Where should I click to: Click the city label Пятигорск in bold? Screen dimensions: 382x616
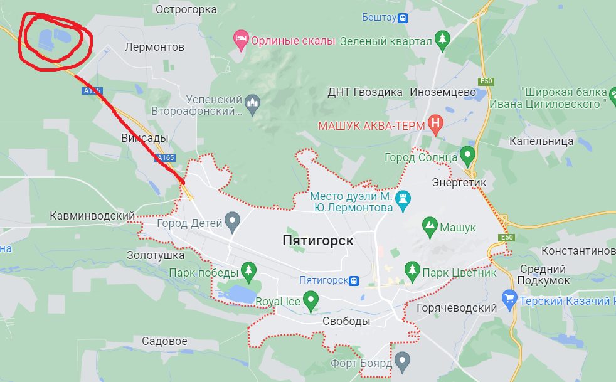point(318,241)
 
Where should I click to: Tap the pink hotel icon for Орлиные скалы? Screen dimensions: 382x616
point(240,41)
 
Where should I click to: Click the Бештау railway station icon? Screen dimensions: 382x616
point(403,18)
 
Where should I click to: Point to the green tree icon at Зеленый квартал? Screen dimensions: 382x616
point(443,40)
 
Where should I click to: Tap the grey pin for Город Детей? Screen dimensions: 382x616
point(233,221)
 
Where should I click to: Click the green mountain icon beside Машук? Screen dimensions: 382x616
point(430,226)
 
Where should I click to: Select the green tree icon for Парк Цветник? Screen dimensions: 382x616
point(412,271)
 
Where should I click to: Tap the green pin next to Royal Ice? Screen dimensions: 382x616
point(310,300)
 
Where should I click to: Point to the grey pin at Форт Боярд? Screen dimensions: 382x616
point(402,361)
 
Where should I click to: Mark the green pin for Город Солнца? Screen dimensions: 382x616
point(467,154)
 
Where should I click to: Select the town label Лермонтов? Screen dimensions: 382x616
point(154,47)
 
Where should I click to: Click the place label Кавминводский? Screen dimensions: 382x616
point(92,216)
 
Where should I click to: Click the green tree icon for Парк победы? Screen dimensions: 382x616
point(249,271)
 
